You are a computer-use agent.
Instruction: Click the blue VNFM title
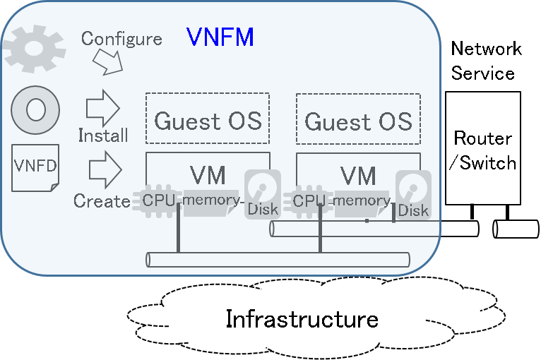[220, 37]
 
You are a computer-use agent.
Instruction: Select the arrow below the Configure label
[108, 65]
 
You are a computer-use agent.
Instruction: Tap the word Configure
[121, 38]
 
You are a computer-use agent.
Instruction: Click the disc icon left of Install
[35, 110]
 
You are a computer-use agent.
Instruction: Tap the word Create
[102, 201]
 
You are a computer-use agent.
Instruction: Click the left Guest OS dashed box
[208, 120]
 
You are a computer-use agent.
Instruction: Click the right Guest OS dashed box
[358, 120]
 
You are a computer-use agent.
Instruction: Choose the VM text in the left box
[208, 174]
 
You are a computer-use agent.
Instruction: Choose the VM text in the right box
[358, 174]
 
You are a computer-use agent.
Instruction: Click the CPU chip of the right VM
[308, 200]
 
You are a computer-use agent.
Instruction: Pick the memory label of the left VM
[210, 200]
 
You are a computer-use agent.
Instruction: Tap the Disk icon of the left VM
[263, 193]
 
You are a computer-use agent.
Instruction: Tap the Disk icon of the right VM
[413, 193]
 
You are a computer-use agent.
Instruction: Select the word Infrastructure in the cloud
[302, 319]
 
